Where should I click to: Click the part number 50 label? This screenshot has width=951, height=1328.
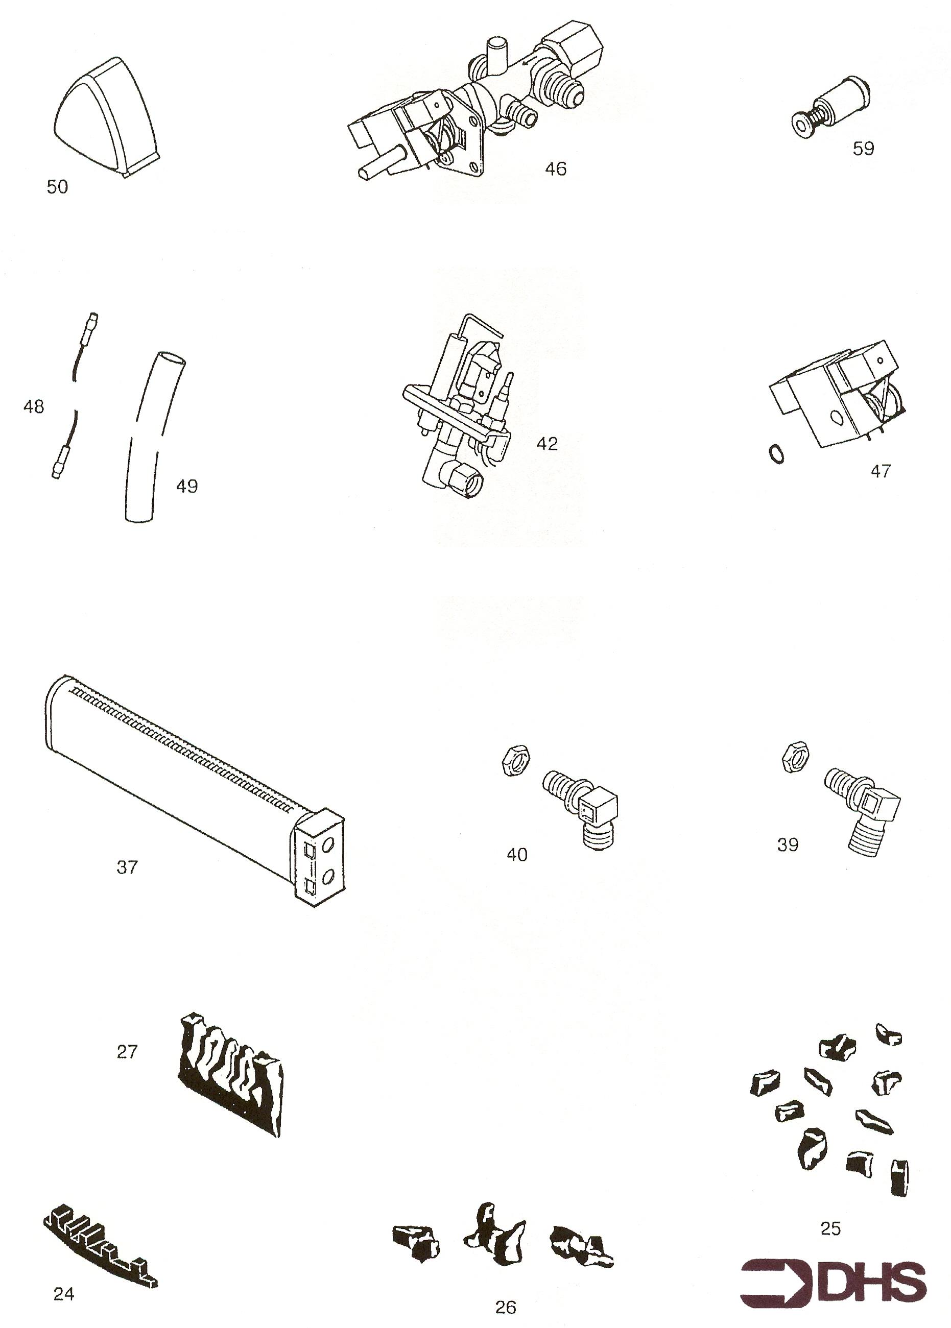tap(57, 187)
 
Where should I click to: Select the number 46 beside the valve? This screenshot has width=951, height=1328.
tap(555, 168)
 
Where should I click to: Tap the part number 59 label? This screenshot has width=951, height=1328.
tap(863, 149)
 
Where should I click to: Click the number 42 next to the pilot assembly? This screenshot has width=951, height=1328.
tap(547, 444)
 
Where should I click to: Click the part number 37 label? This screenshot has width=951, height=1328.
tap(127, 867)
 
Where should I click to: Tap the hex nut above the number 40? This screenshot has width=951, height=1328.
tap(516, 760)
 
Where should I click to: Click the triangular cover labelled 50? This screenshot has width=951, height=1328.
tap(107, 117)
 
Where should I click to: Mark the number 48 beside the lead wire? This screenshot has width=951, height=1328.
tap(33, 406)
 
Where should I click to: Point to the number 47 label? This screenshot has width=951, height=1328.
tap(880, 471)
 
